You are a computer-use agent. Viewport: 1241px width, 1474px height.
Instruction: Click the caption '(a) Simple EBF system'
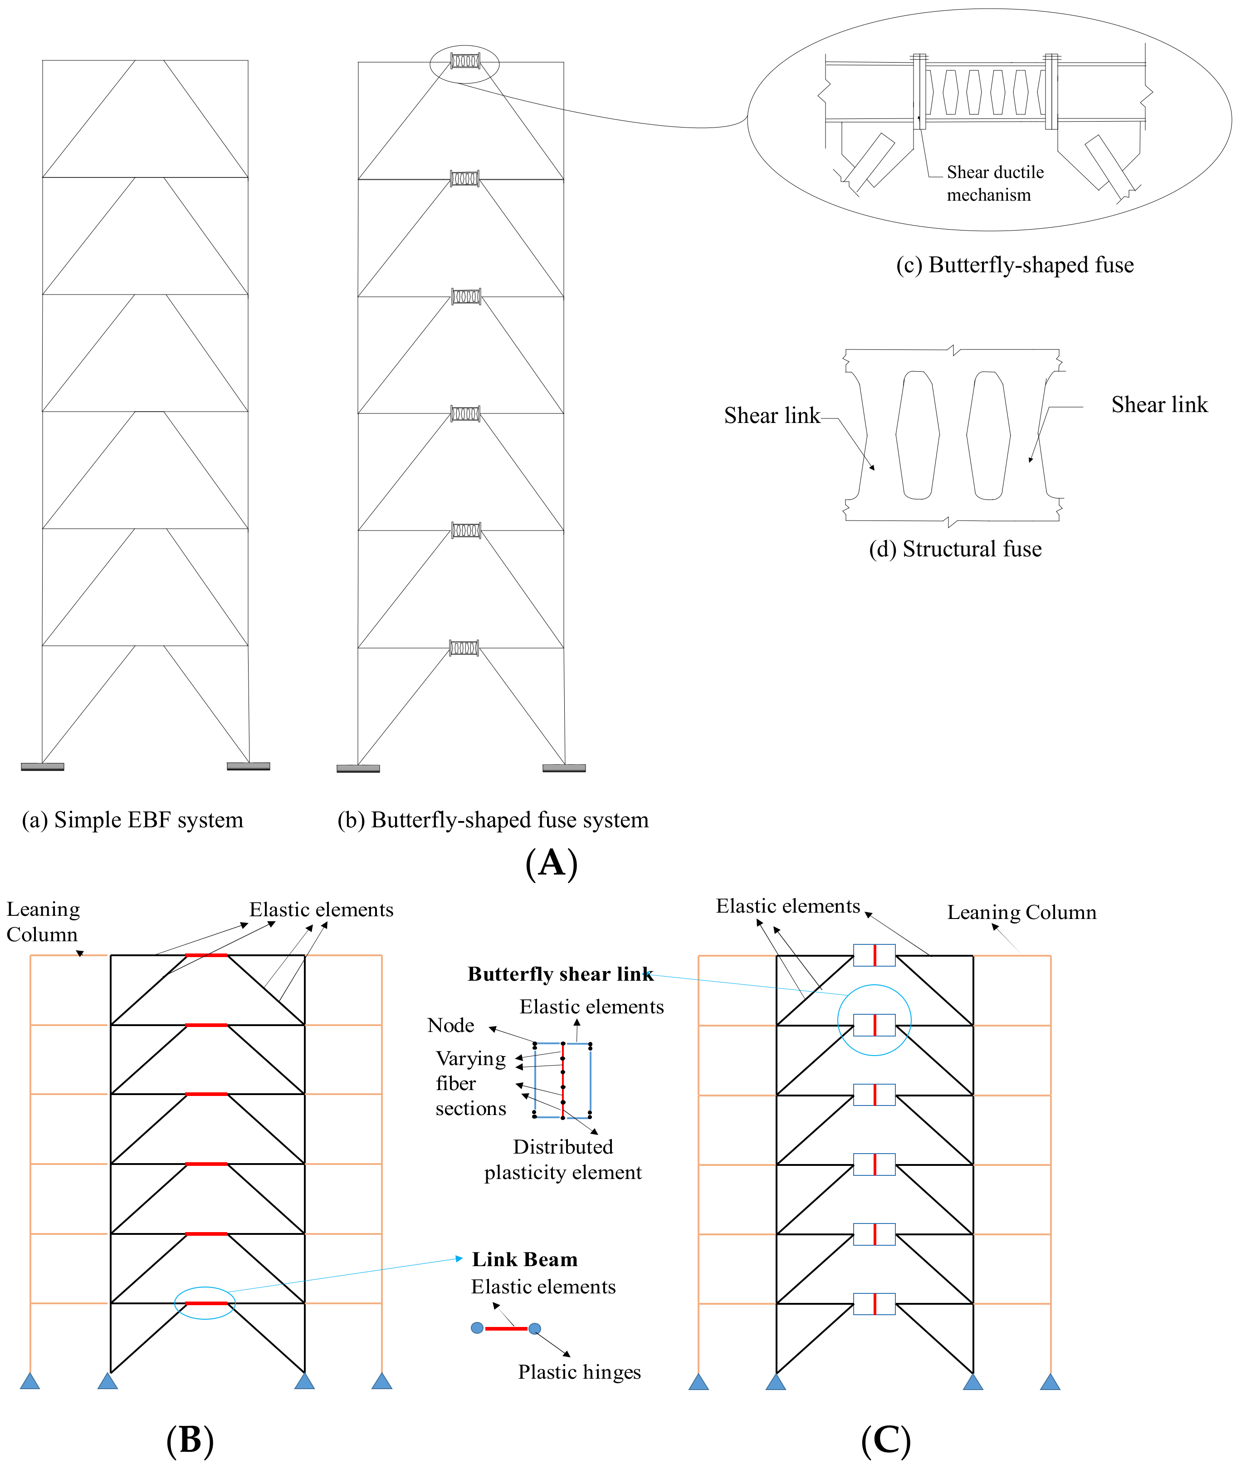tap(132, 820)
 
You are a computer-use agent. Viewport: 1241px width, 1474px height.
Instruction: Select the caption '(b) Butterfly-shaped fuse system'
tap(493, 820)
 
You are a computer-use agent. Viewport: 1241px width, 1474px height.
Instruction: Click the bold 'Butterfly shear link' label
tap(560, 974)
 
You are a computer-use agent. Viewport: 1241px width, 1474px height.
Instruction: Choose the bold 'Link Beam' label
tap(524, 1259)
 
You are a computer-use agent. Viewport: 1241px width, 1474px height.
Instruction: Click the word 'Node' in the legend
tap(450, 1026)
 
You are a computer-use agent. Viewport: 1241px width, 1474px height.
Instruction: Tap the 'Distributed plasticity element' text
tap(563, 1160)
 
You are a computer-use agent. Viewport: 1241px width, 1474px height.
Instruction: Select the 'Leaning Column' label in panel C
tap(1021, 912)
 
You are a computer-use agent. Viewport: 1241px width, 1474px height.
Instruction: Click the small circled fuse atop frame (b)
tap(464, 62)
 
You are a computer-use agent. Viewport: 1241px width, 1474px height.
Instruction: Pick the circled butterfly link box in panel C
tap(874, 1025)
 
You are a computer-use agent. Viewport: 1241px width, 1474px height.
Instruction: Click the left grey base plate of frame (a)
tap(42, 766)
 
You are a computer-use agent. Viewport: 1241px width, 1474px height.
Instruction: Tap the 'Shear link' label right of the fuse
tap(1159, 405)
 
